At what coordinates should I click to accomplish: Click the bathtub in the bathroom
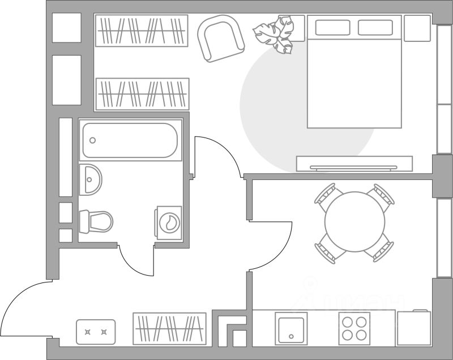(x=130, y=140)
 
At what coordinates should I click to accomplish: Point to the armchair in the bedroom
(x=220, y=37)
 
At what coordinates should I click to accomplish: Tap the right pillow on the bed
(x=375, y=27)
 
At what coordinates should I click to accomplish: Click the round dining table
(x=354, y=222)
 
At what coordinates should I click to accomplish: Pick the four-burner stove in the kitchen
(x=354, y=328)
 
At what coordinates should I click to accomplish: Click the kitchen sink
(x=292, y=328)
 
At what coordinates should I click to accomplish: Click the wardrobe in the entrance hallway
(x=170, y=328)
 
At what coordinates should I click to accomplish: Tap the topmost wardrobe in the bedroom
(x=142, y=31)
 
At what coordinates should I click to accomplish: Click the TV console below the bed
(x=354, y=164)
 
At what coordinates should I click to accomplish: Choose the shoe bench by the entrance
(x=96, y=332)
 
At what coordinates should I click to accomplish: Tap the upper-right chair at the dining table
(x=381, y=196)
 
